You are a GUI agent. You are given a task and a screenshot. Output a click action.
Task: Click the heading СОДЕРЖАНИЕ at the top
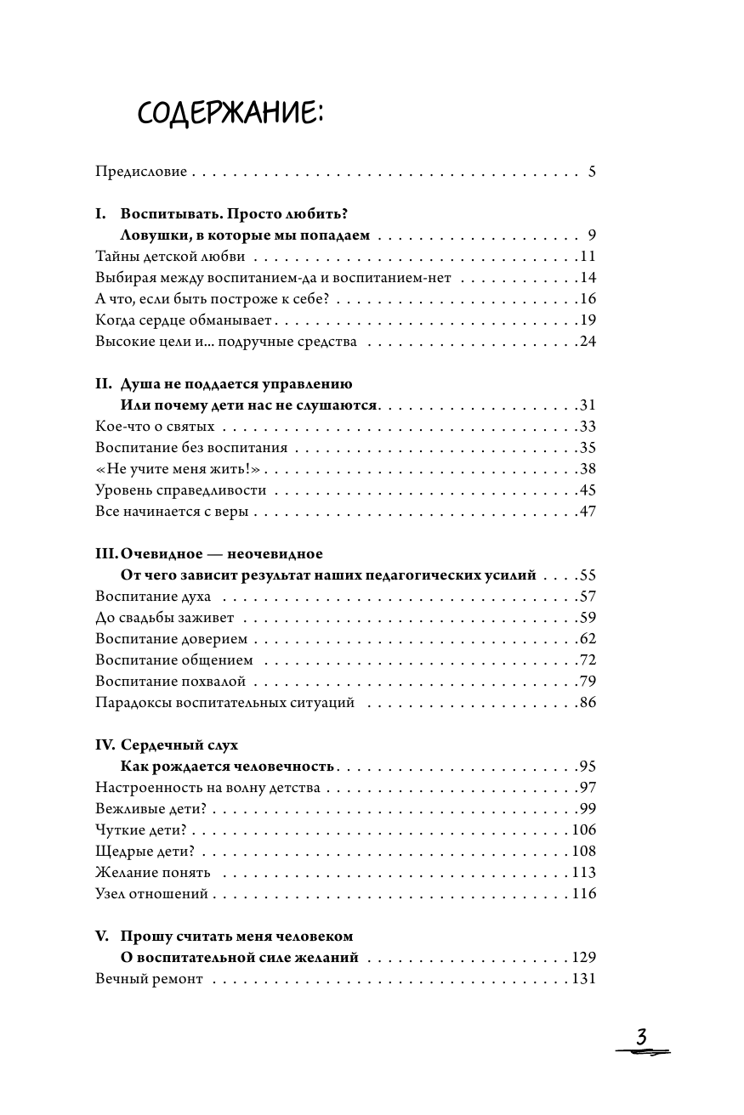[230, 112]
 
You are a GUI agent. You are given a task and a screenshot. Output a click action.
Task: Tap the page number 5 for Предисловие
[592, 172]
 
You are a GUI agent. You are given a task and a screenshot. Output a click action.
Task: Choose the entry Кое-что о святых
[156, 427]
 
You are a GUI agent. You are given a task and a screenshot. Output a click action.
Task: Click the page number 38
[587, 469]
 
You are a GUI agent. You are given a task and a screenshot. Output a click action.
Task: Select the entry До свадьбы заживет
[165, 618]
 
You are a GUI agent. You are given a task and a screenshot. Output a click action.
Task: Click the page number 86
[587, 703]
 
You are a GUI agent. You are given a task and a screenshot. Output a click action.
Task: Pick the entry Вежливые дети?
[145, 809]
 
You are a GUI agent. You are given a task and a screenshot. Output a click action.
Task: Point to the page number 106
[583, 830]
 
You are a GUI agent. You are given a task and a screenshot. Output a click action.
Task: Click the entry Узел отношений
[152, 894]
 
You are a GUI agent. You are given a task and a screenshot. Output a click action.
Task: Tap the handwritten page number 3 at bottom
[642, 1039]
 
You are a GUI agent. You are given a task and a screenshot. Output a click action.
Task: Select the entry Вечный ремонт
[150, 979]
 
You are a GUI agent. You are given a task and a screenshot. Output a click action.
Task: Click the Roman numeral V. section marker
[103, 937]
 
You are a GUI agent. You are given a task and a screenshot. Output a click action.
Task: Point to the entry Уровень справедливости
[181, 490]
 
